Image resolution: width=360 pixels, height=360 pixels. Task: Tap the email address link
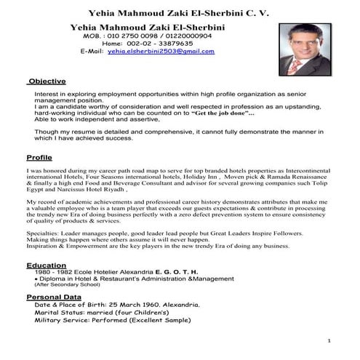[161, 52]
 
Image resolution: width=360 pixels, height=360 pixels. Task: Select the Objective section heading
[47, 81]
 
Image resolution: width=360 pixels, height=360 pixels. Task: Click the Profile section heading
[39, 157]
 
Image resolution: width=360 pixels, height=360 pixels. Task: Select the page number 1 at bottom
[329, 340]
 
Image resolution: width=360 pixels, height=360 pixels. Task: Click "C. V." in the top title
[257, 12]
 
